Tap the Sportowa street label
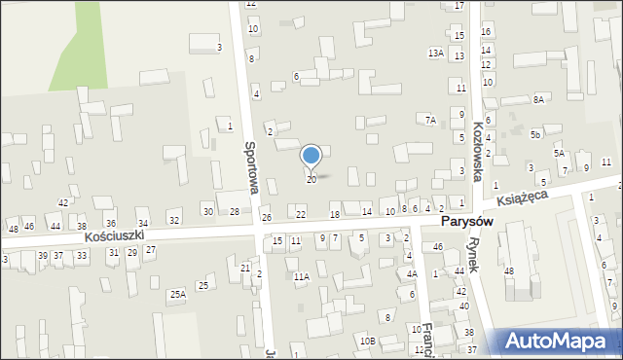(x=251, y=166)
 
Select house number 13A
(x=436, y=53)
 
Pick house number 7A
(x=430, y=120)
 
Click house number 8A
(x=538, y=99)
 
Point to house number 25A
(x=177, y=294)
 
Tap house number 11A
(x=302, y=277)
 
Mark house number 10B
(x=366, y=341)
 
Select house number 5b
(x=535, y=135)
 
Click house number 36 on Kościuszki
(x=113, y=224)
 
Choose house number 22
(x=301, y=214)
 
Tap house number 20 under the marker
(x=311, y=180)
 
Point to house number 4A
(x=412, y=274)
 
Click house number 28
(x=235, y=211)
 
